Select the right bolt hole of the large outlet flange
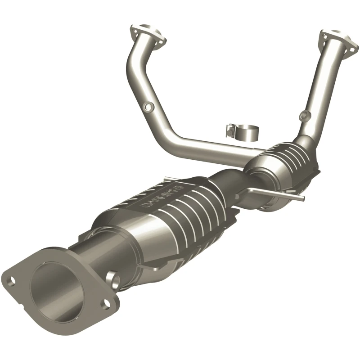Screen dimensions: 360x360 tap(106, 303)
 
